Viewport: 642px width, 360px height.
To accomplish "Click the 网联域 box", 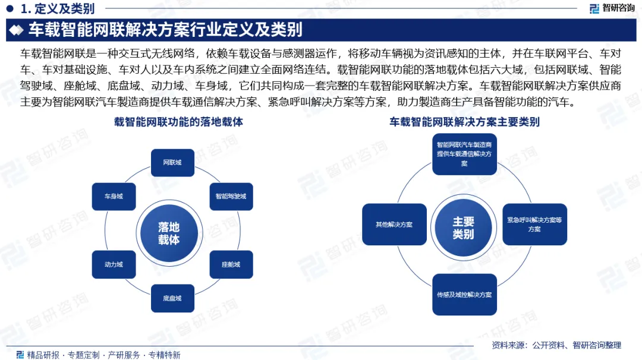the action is click(x=172, y=163).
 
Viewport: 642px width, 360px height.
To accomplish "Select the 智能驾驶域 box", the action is click(x=231, y=196).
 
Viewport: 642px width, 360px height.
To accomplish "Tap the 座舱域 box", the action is click(x=231, y=264).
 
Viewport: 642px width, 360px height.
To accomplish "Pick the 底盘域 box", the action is click(x=172, y=298).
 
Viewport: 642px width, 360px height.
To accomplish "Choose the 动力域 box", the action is click(x=114, y=264).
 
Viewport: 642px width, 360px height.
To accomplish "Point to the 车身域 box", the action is click(x=114, y=196).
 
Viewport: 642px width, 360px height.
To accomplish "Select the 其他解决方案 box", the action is click(x=394, y=225).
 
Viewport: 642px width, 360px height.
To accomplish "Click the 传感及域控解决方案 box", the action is click(x=464, y=295).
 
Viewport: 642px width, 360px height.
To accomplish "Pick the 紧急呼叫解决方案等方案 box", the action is click(x=534, y=225).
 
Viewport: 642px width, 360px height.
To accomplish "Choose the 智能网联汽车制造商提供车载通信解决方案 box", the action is click(x=464, y=154).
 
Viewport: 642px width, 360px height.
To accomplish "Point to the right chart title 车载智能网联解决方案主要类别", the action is click(x=464, y=122).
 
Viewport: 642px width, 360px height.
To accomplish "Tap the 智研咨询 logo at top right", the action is click(x=612, y=8).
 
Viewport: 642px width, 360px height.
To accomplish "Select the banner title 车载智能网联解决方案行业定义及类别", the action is click(x=165, y=30).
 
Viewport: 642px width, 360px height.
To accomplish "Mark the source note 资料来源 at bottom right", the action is click(x=556, y=345).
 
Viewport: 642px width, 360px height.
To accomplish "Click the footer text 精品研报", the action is click(x=43, y=355).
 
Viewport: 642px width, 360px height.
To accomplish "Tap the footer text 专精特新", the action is click(x=164, y=355).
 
